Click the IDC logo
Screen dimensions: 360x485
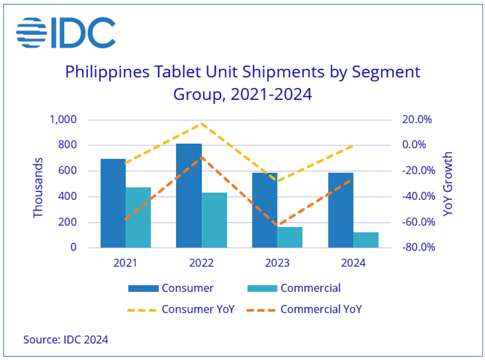pyautogui.click(x=66, y=33)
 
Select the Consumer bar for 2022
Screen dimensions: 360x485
pyautogui.click(x=189, y=196)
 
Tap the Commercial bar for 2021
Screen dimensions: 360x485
pyautogui.click(x=138, y=218)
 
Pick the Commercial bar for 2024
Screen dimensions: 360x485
pyautogui.click(x=366, y=240)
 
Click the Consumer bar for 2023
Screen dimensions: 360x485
pyautogui.click(x=265, y=210)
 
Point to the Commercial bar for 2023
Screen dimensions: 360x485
pyautogui.click(x=290, y=237)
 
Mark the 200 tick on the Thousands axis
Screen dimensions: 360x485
pyautogui.click(x=67, y=222)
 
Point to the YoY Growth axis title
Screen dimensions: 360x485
pyautogui.click(x=448, y=184)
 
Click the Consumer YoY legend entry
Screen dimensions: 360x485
pyautogui.click(x=181, y=309)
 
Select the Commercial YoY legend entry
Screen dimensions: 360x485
pyautogui.click(x=304, y=309)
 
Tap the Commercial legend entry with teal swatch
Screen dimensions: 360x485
pyautogui.click(x=294, y=288)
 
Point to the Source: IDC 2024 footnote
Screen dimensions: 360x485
pyautogui.click(x=66, y=339)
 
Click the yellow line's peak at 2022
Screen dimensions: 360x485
pyautogui.click(x=202, y=124)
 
